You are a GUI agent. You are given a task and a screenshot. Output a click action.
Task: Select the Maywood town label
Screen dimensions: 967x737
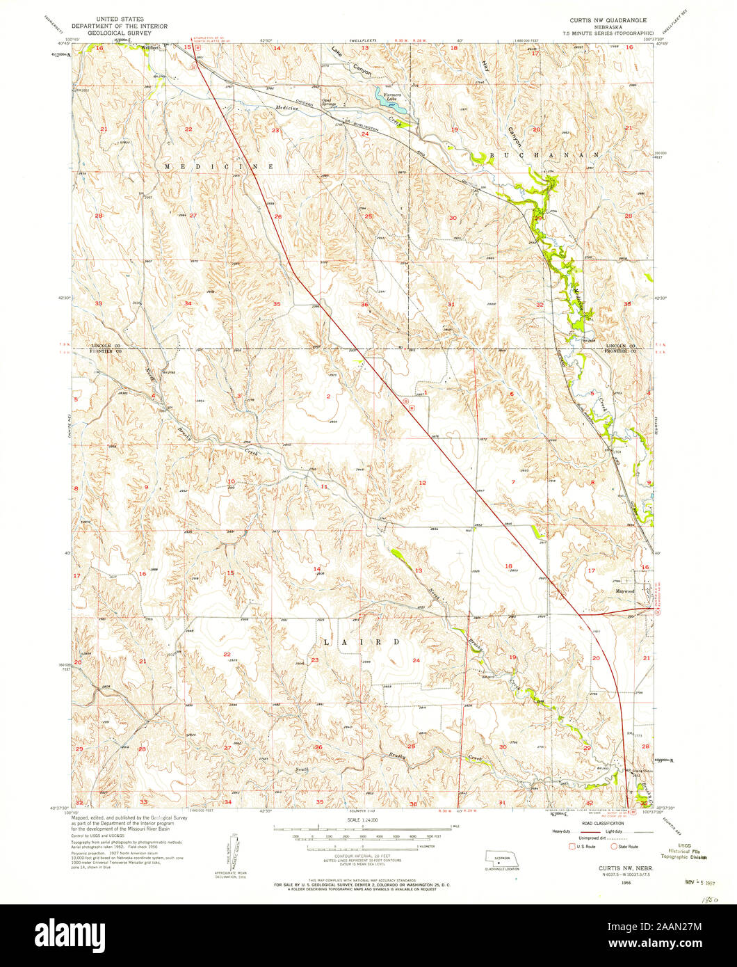(624, 591)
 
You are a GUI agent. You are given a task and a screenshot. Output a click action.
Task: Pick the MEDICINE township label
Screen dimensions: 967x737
(218, 167)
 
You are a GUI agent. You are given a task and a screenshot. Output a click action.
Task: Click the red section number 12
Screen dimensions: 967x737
(421, 482)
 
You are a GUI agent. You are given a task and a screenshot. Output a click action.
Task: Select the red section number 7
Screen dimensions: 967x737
(514, 481)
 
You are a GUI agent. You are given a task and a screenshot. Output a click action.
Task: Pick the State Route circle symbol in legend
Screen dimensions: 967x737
(613, 847)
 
